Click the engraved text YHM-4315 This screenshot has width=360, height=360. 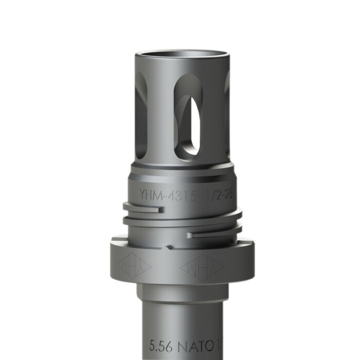168,195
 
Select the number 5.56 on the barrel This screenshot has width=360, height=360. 160,345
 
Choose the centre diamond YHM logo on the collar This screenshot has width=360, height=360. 202,267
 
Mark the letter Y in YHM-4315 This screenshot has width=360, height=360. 142,195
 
